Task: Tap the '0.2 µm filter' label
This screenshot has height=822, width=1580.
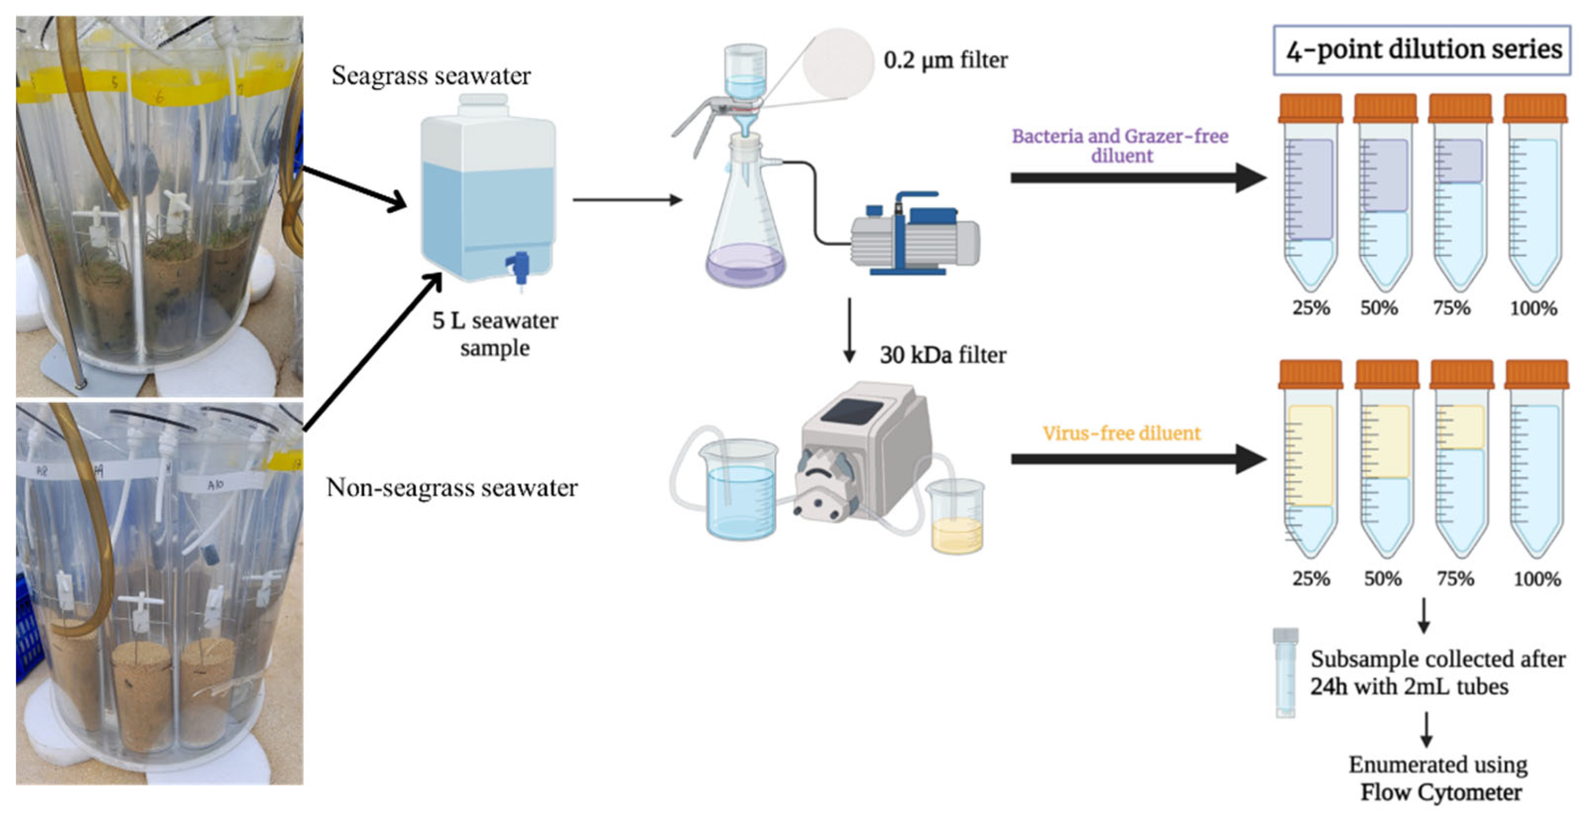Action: point(945,61)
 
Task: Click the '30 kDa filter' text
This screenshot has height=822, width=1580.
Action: point(943,356)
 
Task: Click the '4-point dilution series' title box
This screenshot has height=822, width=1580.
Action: point(1422,50)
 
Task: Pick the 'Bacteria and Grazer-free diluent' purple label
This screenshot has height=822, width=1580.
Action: point(1120,146)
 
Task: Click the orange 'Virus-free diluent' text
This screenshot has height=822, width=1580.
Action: point(1121,433)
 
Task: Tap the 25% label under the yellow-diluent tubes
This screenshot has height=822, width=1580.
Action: point(1311,578)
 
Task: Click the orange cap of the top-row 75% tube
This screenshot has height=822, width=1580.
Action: point(1460,109)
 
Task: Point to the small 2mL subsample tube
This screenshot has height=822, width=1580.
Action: point(1285,673)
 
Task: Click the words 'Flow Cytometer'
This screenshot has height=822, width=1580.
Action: point(1441,792)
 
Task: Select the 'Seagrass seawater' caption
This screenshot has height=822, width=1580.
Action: point(431,76)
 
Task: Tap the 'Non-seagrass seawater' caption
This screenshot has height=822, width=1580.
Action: point(452,488)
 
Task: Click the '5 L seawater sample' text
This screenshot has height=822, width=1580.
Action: point(495,334)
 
